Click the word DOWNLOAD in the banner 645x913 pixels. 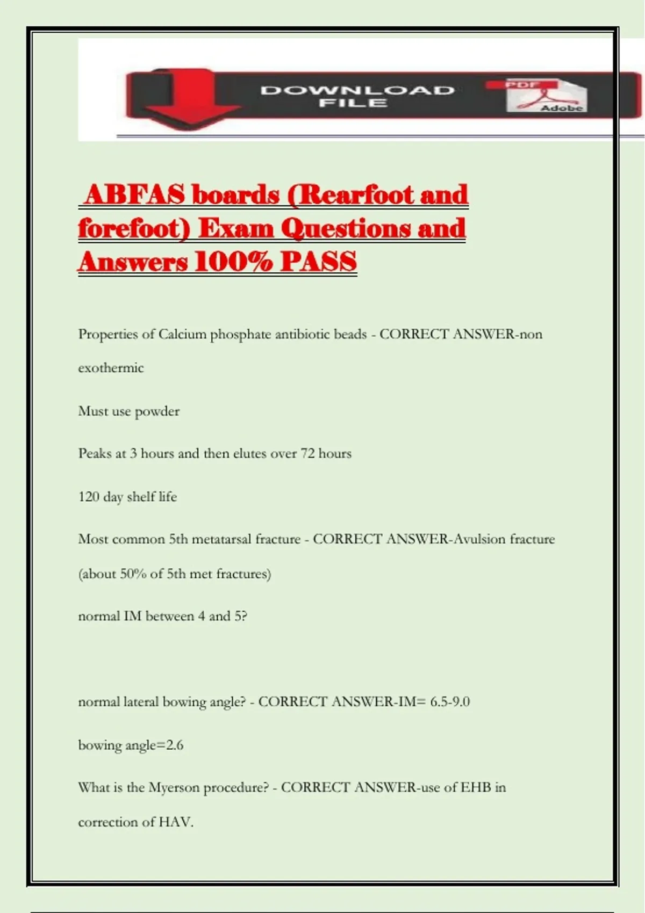357,90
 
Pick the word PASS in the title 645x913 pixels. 319,262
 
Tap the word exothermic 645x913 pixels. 111,368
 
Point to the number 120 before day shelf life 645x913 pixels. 89,496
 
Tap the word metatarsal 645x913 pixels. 221,539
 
